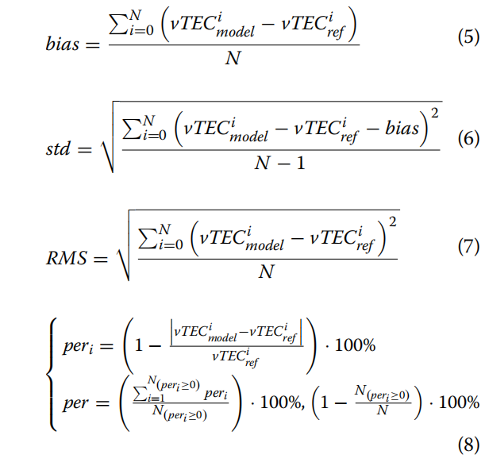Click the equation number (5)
468,37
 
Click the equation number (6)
468,138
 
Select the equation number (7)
468,247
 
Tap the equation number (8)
468,445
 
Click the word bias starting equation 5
63,44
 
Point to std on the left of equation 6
58,148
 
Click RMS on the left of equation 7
67,258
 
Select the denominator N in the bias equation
233,58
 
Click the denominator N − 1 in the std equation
280,163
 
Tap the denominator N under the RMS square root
267,272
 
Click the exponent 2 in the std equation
434,114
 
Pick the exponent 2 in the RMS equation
392,221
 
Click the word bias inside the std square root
402,128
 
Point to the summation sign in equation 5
119,25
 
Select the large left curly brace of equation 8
52,374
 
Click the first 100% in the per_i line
355,345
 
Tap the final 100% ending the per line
459,402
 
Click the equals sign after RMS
101,259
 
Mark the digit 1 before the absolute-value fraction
139,345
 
